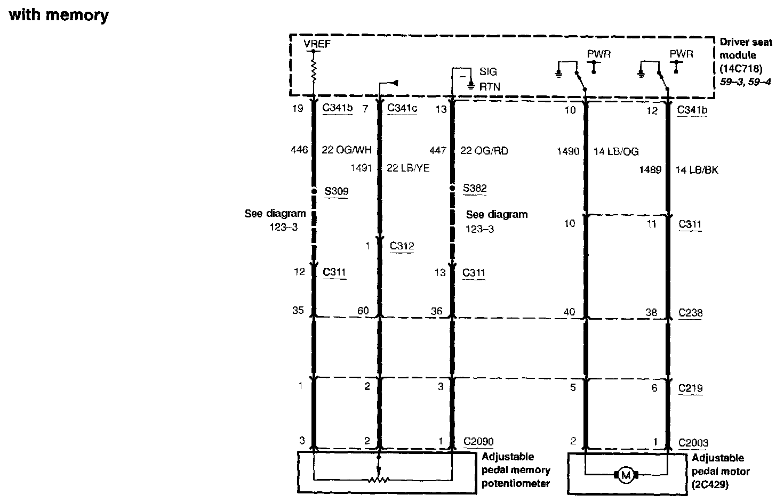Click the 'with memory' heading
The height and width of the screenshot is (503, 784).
tap(59, 15)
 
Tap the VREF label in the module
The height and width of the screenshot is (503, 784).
tap(317, 44)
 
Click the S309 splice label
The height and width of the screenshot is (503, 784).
tap(337, 191)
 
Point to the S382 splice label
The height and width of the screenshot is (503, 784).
tap(475, 188)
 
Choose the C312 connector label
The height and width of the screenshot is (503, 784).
tap(402, 246)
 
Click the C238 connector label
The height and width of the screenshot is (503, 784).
tap(690, 313)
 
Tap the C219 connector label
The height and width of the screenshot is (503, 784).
tap(690, 388)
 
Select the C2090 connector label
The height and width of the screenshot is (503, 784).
tap(478, 442)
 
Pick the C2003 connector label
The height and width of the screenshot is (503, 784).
tap(693, 443)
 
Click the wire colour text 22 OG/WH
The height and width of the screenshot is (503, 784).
tap(346, 150)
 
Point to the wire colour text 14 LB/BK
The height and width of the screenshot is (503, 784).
tap(697, 170)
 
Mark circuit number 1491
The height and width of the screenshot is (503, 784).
tap(361, 168)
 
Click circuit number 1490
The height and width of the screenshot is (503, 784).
tap(567, 151)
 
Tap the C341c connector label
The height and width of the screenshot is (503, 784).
tap(402, 108)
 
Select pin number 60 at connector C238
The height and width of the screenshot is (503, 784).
tap(363, 311)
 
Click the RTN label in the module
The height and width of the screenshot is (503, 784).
tap(490, 86)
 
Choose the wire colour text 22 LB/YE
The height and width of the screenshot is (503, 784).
tap(408, 168)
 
